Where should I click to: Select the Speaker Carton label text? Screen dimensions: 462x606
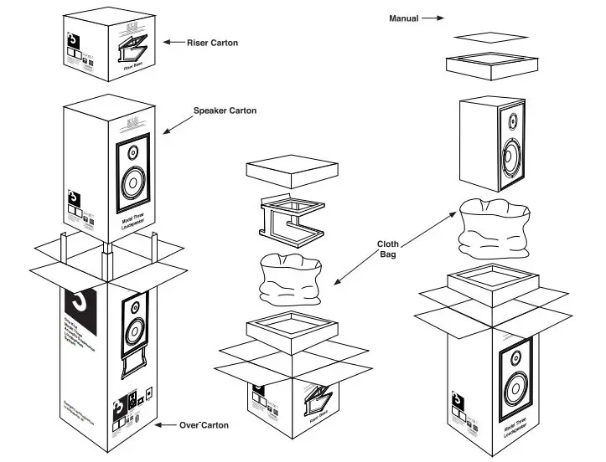[x=225, y=110]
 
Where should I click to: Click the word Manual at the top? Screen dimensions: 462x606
[x=403, y=18]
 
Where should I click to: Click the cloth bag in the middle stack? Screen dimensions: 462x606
[x=290, y=280]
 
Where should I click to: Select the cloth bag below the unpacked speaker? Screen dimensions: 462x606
[x=495, y=225]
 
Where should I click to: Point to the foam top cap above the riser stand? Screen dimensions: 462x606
[x=290, y=175]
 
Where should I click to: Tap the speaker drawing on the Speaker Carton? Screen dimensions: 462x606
[x=132, y=171]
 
